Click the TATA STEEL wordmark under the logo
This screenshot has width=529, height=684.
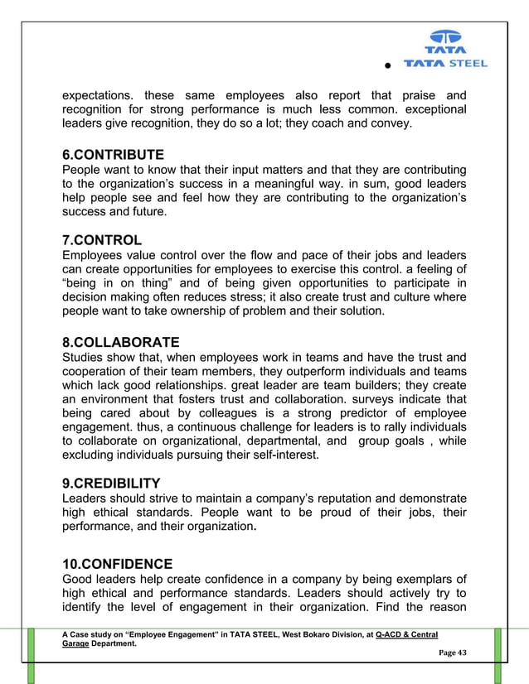[445, 63]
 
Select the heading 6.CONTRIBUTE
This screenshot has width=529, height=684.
[113, 155]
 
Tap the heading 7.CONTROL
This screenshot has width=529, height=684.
[102, 241]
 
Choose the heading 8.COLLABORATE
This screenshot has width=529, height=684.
[120, 342]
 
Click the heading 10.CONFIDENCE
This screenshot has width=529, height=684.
[117, 564]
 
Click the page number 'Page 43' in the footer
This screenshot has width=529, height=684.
[452, 653]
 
